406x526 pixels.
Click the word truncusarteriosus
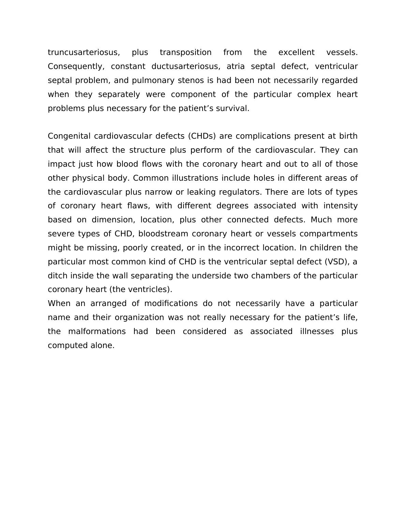(84, 52)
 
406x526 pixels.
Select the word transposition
(186, 52)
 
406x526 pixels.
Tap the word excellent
(296, 52)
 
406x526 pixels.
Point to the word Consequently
(76, 66)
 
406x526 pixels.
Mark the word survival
(235, 108)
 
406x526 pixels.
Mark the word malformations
(97, 331)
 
